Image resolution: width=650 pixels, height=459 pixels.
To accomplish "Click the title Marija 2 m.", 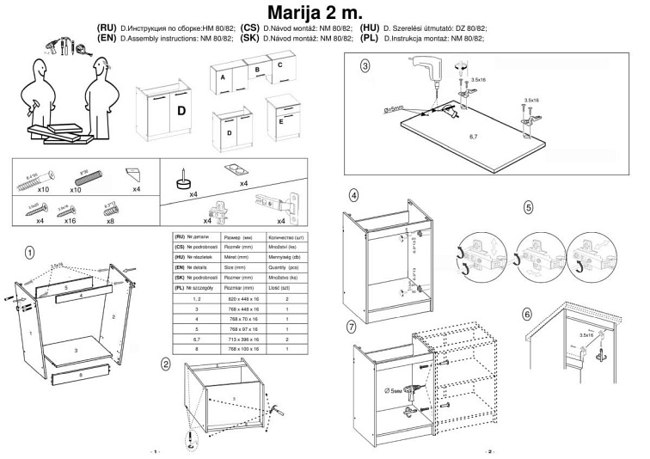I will click(x=324, y=15).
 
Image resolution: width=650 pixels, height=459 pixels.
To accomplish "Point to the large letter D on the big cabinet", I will click(x=181, y=112).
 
